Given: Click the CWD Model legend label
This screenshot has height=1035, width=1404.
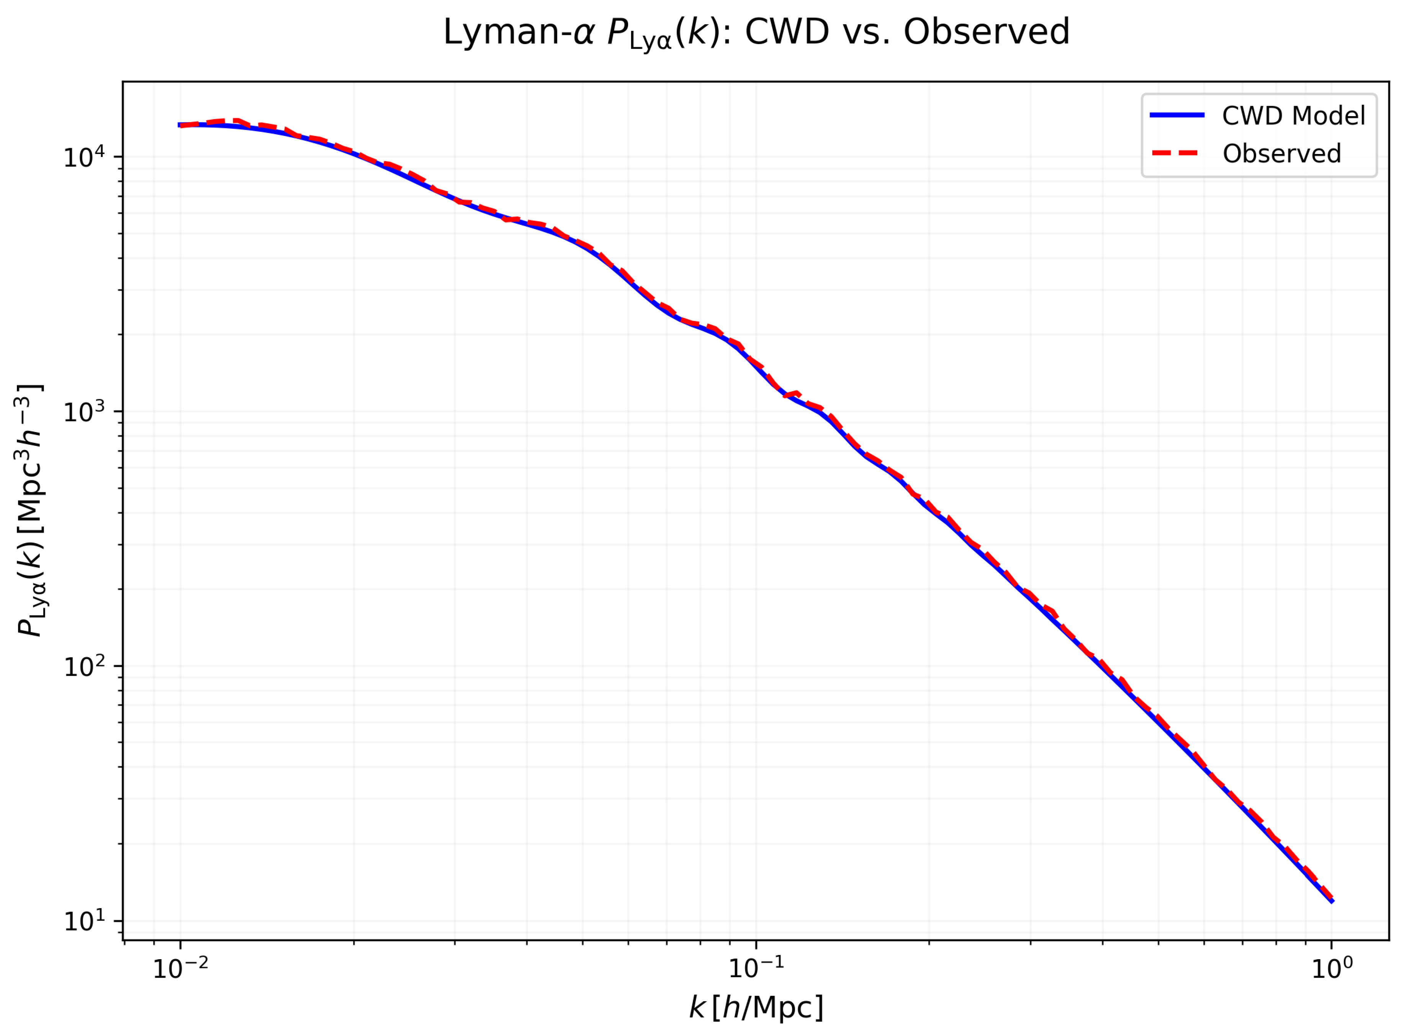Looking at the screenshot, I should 1293,116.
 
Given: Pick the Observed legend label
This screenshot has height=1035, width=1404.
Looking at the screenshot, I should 1281,154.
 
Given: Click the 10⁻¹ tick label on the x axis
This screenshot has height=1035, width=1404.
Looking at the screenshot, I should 756,969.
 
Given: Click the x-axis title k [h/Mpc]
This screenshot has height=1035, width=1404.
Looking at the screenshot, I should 756,1007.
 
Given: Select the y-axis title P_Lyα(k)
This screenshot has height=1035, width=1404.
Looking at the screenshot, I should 30,511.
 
